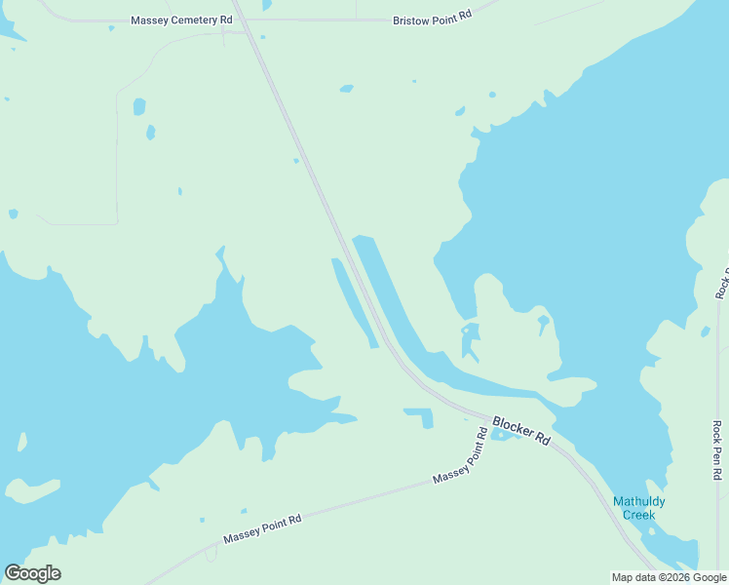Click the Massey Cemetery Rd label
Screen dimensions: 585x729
tap(182, 19)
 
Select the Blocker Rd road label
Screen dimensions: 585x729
tap(521, 430)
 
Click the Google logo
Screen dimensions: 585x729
tap(32, 573)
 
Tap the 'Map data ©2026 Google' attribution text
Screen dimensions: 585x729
tap(670, 577)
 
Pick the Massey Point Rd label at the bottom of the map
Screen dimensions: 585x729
tap(262, 529)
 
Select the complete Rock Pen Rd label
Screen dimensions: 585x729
tap(717, 449)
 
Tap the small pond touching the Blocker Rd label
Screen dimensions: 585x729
tap(501, 435)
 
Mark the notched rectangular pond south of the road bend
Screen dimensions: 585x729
tap(420, 416)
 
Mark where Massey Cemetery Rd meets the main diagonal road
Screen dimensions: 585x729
tap(241, 19)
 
